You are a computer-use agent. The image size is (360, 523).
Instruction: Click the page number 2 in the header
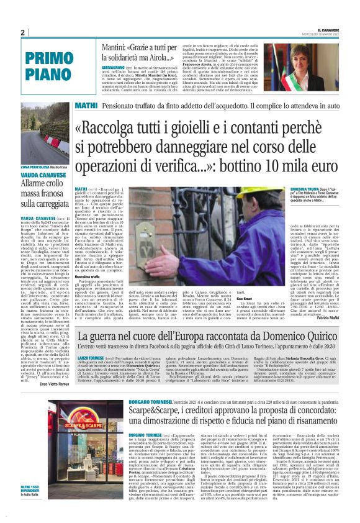pos(22,32)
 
